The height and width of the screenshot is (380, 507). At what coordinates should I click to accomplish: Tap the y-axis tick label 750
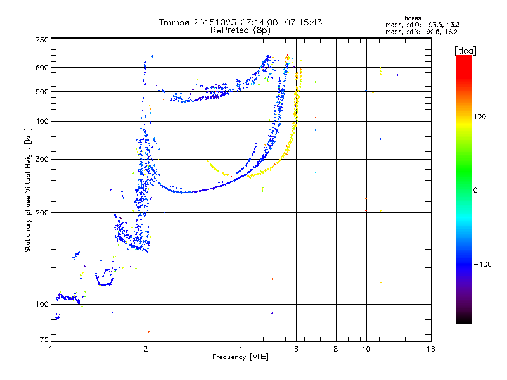(42, 39)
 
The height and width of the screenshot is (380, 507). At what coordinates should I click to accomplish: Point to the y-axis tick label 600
(42, 67)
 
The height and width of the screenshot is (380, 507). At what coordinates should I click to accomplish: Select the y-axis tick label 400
(42, 121)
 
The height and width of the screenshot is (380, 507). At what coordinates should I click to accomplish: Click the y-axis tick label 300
(42, 159)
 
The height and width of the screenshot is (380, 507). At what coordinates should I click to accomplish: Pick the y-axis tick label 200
(42, 212)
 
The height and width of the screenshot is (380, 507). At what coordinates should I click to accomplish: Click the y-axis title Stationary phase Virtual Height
(28, 190)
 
